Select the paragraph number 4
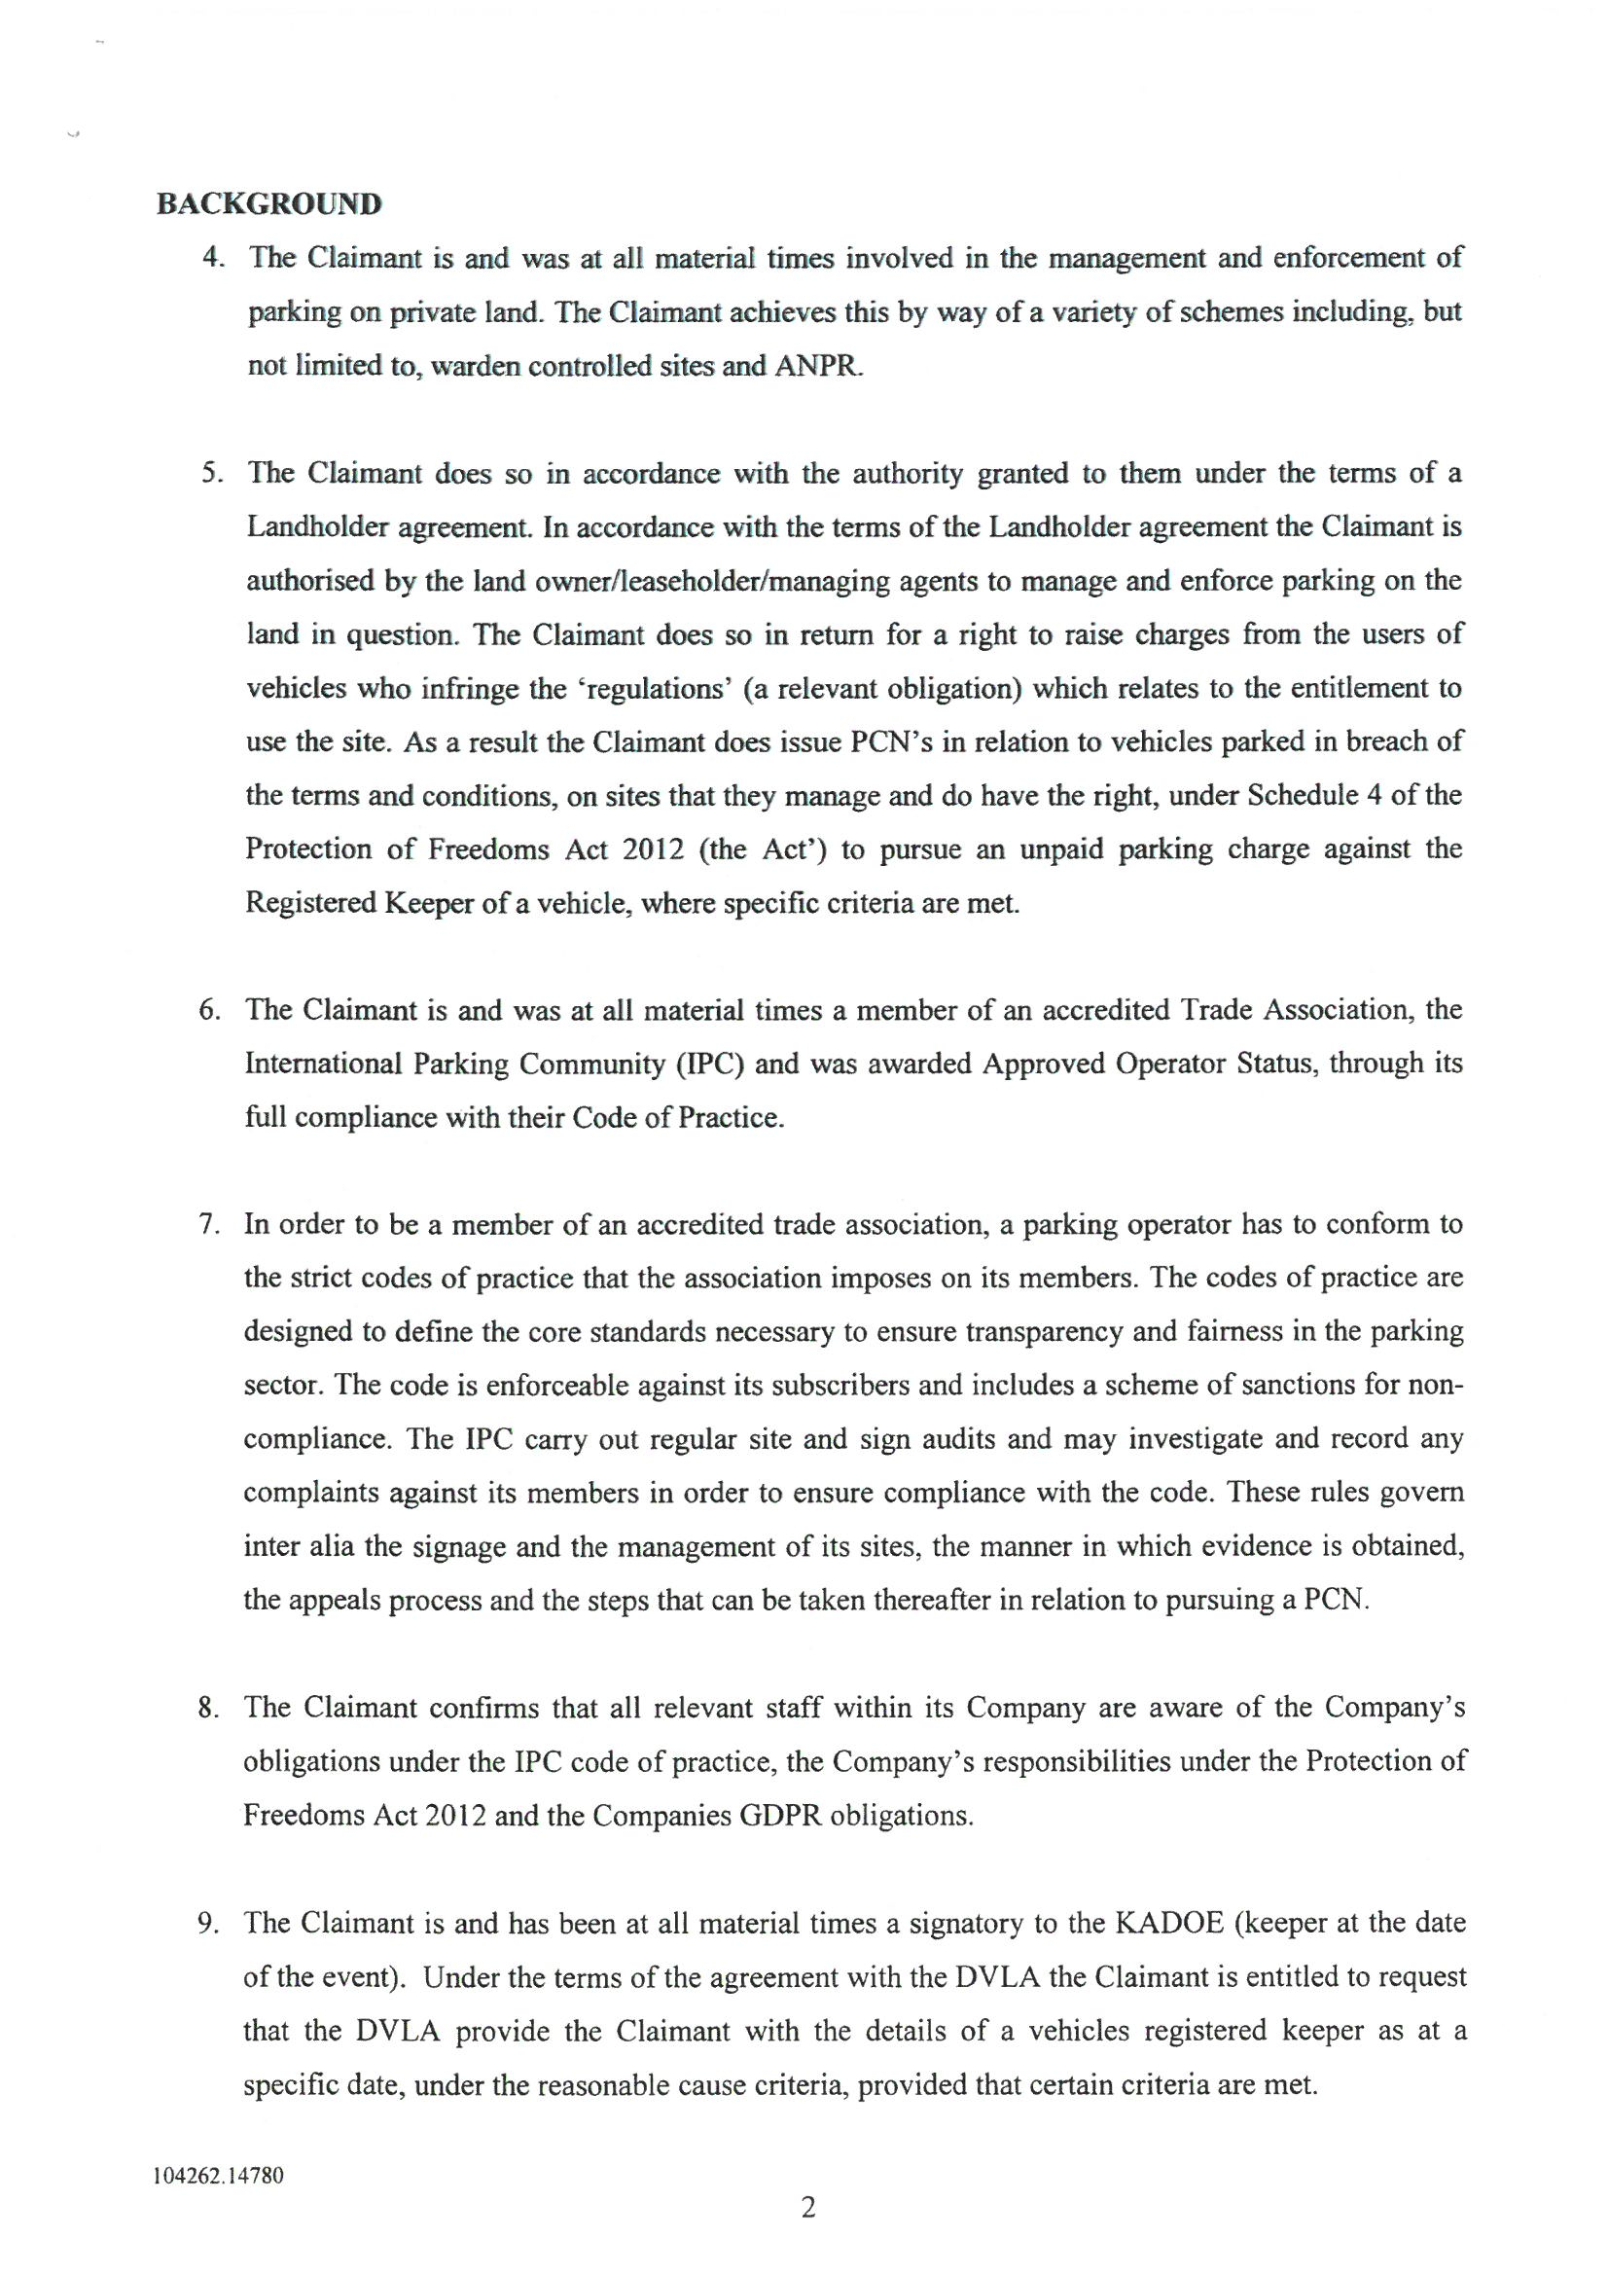pos(210,258)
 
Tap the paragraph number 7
pos(208,1224)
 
